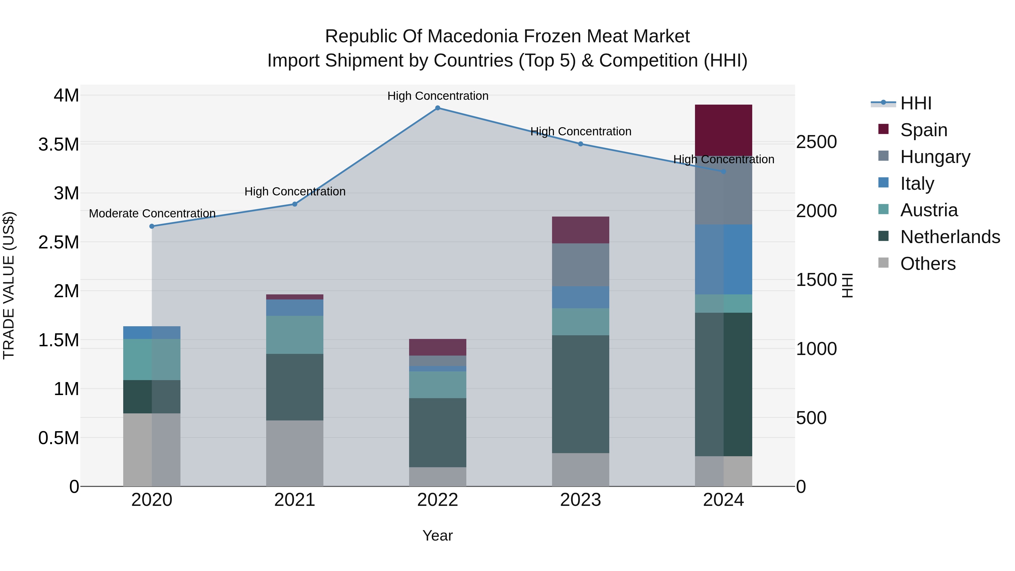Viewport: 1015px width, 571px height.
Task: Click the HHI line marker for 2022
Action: click(x=437, y=108)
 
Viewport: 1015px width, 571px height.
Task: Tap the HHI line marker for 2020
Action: click(x=152, y=226)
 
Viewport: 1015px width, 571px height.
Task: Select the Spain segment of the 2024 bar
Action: click(x=723, y=130)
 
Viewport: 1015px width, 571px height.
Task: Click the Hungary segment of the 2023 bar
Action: click(x=581, y=265)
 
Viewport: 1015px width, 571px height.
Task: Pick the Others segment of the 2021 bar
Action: click(x=295, y=453)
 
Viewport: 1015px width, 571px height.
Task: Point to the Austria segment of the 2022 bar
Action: click(x=437, y=385)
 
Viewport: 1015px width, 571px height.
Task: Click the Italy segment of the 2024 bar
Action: click(x=723, y=259)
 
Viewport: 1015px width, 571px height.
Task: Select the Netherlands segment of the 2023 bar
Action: click(x=581, y=394)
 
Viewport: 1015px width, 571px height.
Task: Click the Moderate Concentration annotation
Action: click(x=152, y=213)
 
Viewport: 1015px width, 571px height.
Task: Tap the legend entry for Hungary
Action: click(x=935, y=157)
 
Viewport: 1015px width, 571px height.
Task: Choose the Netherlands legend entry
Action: click(x=950, y=237)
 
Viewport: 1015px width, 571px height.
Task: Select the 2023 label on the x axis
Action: click(x=581, y=500)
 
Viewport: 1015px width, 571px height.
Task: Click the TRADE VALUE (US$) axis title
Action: click(x=9, y=285)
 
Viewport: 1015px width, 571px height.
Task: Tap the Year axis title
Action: click(x=437, y=535)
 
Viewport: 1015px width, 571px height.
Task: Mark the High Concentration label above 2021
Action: click(x=295, y=191)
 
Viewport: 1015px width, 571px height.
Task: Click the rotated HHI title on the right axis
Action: click(x=847, y=285)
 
